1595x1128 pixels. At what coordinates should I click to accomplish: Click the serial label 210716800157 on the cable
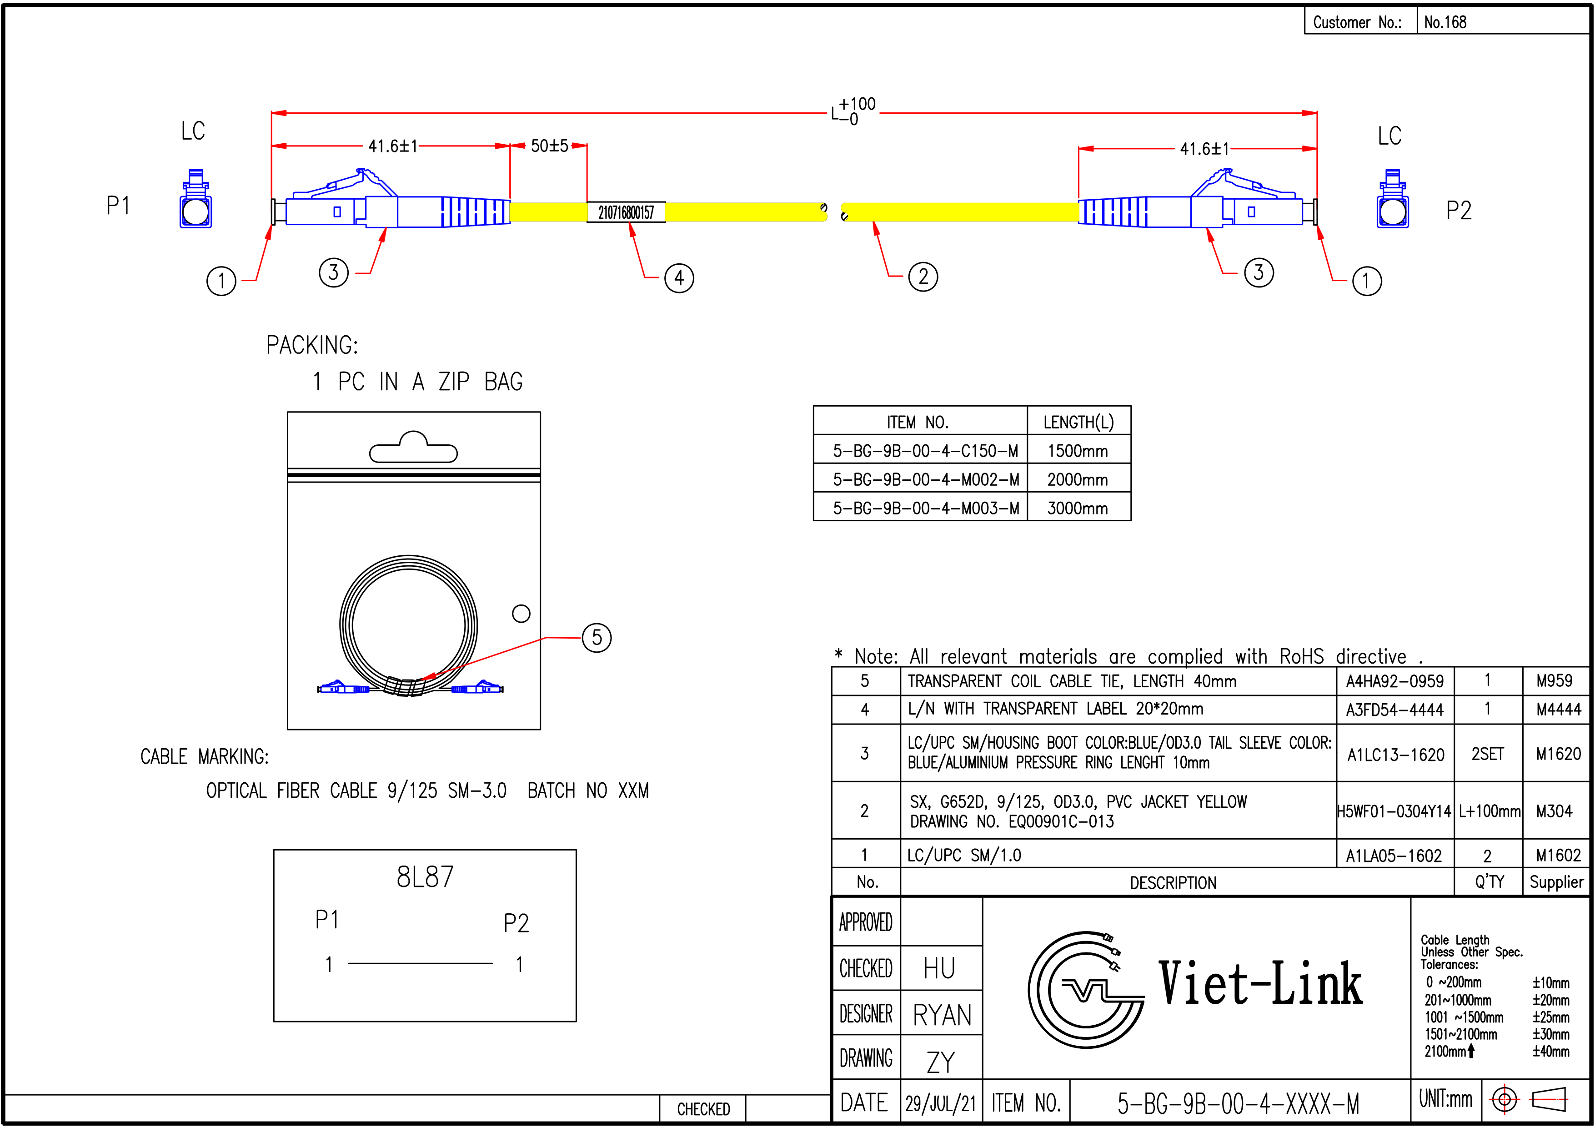click(x=626, y=212)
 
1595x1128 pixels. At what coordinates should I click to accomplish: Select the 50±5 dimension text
click(x=550, y=146)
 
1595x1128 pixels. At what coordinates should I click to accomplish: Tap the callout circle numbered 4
click(x=679, y=278)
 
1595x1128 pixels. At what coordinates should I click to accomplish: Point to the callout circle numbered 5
click(x=596, y=637)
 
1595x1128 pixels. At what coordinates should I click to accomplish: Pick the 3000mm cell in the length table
click(x=1078, y=508)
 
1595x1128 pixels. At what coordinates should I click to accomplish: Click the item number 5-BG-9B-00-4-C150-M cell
click(x=925, y=451)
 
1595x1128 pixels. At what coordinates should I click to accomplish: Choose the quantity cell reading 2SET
click(x=1487, y=754)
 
